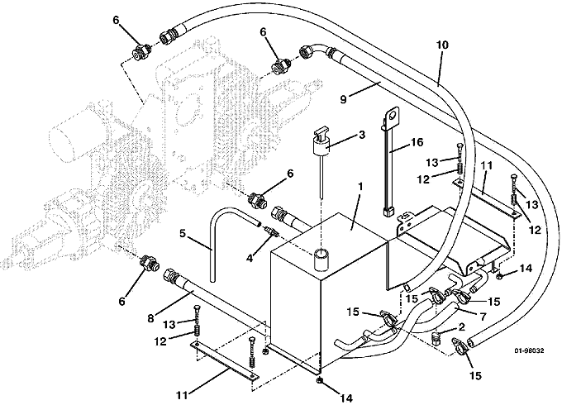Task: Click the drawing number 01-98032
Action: point(529,351)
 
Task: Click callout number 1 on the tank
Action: point(360,187)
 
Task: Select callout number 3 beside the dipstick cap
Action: point(362,135)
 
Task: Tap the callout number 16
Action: point(416,142)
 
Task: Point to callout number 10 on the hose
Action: point(442,45)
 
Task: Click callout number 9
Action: point(343,99)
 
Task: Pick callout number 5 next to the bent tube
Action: point(183,233)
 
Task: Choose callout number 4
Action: point(250,257)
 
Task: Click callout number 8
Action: point(150,317)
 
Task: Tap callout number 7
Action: point(483,317)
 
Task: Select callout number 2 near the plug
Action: point(461,326)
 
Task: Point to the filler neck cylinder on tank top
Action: point(321,259)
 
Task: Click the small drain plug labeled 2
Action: point(436,337)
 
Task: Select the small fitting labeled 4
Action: point(271,231)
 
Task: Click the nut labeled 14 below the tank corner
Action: point(319,381)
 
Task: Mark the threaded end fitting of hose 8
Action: point(170,277)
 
